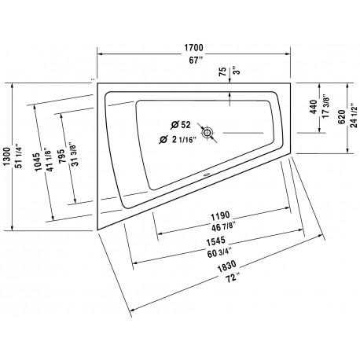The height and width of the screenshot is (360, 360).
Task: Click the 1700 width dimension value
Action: pyautogui.click(x=193, y=48)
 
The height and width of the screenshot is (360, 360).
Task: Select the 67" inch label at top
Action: pyautogui.click(x=197, y=61)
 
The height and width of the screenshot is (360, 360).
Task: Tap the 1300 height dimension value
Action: pyautogui.click(x=7, y=156)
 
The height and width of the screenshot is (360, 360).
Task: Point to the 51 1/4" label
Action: pyautogui.click(x=19, y=156)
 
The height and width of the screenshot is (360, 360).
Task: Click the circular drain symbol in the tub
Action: pyautogui.click(x=207, y=133)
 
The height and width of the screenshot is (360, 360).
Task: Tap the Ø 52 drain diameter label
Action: pyautogui.click(x=181, y=125)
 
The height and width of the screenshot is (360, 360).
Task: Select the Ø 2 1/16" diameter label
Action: pyautogui.click(x=178, y=140)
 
